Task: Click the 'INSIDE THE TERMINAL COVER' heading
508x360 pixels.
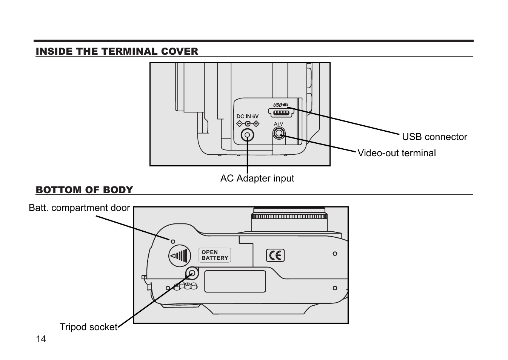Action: pyautogui.click(x=117, y=51)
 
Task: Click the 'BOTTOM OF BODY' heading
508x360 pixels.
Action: pyautogui.click(x=84, y=190)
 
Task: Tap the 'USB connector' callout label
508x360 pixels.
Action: pyautogui.click(x=434, y=137)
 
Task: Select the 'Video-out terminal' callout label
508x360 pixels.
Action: pyautogui.click(x=396, y=153)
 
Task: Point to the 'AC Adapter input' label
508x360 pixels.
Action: pyautogui.click(x=257, y=178)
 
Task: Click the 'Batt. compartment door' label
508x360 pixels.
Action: pyautogui.click(x=79, y=208)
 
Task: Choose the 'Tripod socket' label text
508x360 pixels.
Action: pyautogui.click(x=88, y=327)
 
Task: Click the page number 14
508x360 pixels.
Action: pyautogui.click(x=41, y=339)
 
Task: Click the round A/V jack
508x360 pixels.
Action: pyautogui.click(x=279, y=133)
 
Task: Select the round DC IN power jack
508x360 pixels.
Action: pyautogui.click(x=248, y=135)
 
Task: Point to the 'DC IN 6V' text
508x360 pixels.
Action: pyautogui.click(x=248, y=117)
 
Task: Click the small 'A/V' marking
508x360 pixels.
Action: pyautogui.click(x=279, y=124)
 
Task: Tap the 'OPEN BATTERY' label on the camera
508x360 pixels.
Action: pyautogui.click(x=214, y=255)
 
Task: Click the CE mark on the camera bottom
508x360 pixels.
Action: pyautogui.click(x=275, y=255)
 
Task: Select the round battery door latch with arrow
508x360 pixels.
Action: pyautogui.click(x=179, y=255)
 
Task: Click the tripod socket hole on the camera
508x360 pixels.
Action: pyautogui.click(x=192, y=273)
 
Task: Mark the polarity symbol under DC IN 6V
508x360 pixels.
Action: pyautogui.click(x=248, y=124)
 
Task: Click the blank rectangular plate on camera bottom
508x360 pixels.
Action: pyautogui.click(x=235, y=282)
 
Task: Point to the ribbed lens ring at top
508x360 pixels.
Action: pyautogui.click(x=289, y=216)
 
